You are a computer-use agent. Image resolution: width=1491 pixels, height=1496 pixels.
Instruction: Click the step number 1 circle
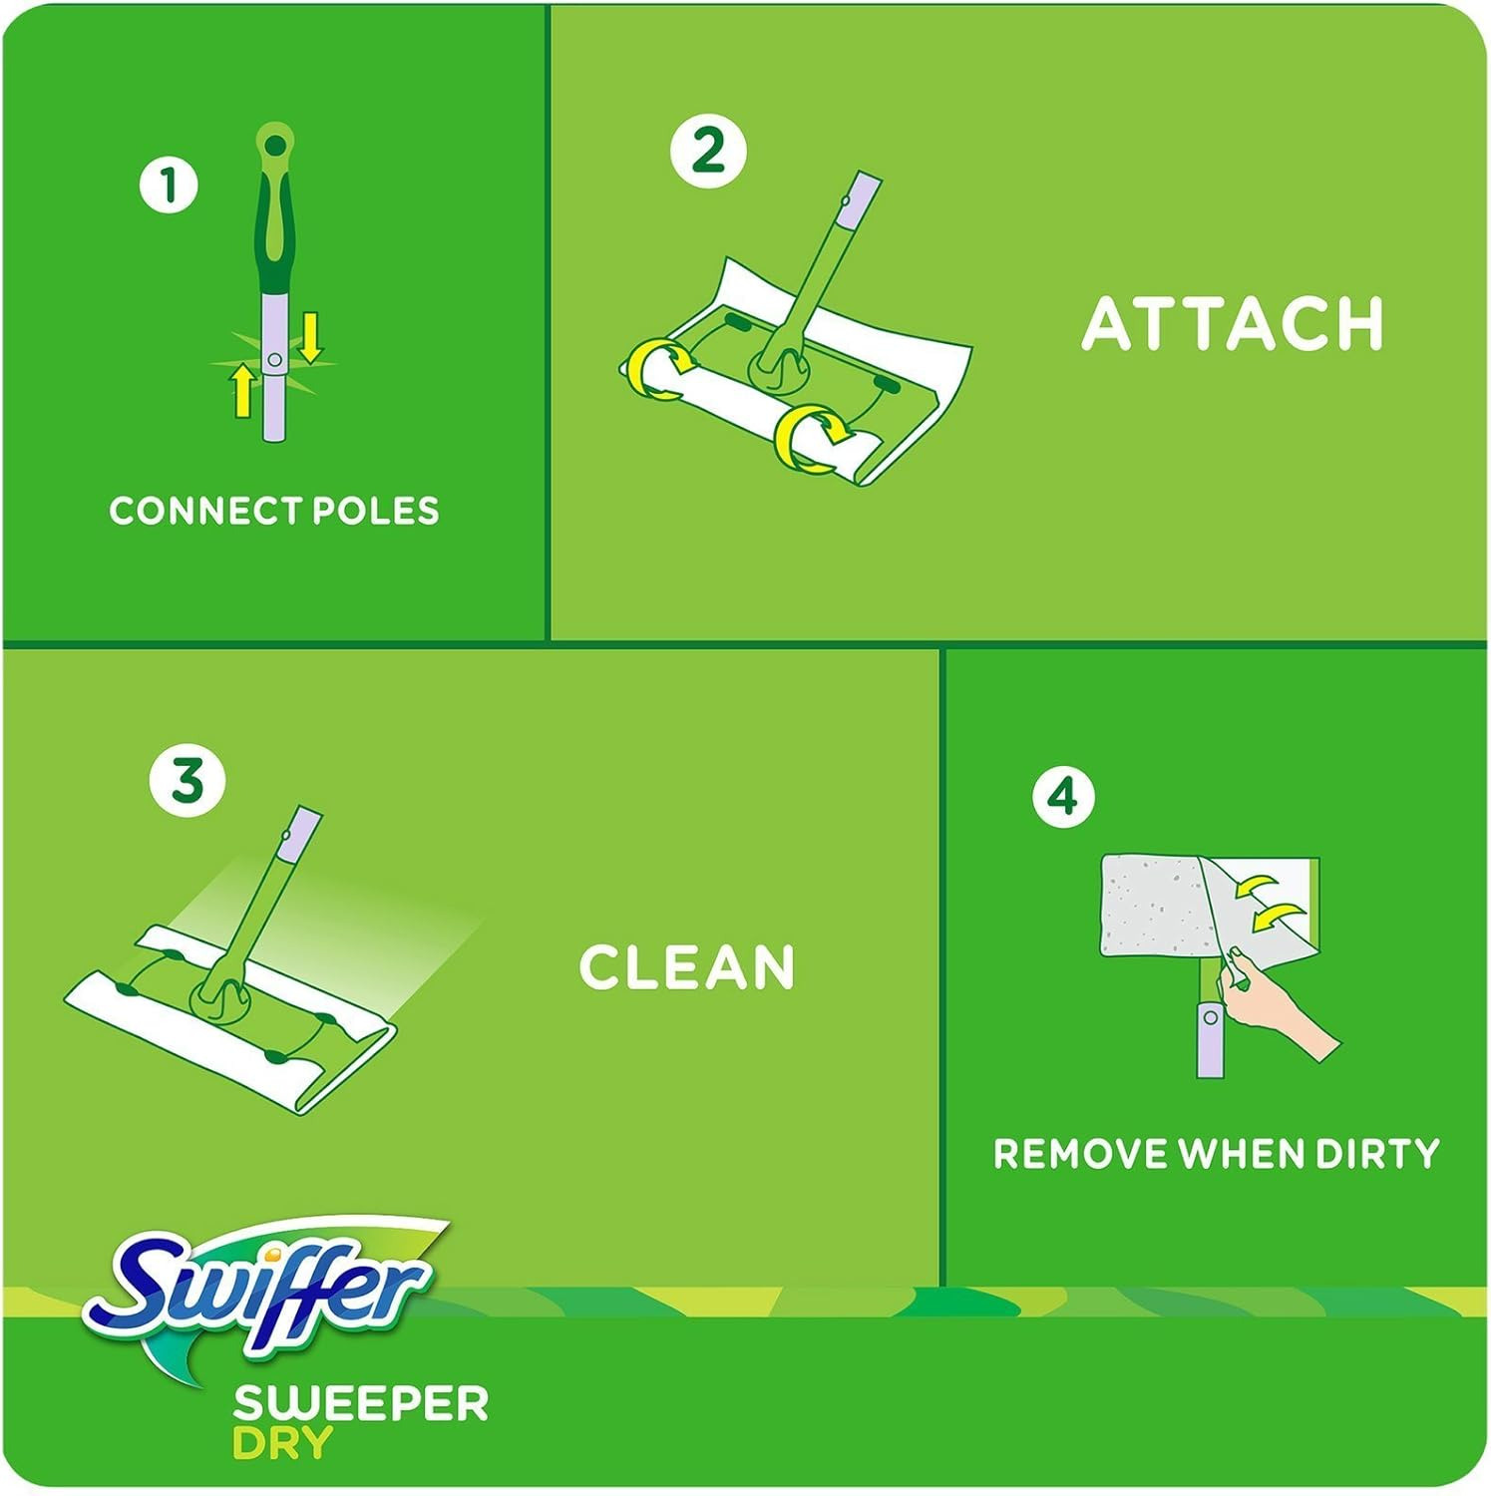pyautogui.click(x=169, y=186)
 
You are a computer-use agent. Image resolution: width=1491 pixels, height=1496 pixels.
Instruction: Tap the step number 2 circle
pyautogui.click(x=708, y=151)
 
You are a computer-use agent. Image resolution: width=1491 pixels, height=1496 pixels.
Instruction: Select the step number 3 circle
pyautogui.click(x=187, y=779)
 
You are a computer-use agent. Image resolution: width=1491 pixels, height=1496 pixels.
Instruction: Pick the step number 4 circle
pyautogui.click(x=1063, y=796)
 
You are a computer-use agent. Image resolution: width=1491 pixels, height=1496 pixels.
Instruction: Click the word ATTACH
pyautogui.click(x=1233, y=324)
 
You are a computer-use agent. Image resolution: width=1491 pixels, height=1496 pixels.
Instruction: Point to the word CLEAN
pyautogui.click(x=687, y=967)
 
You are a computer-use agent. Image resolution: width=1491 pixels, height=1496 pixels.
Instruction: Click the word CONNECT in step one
pyautogui.click(x=204, y=511)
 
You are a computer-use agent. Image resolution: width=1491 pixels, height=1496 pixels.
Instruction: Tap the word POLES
pyautogui.click(x=376, y=511)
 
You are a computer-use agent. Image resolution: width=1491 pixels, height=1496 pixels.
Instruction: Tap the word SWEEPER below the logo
pyautogui.click(x=360, y=1404)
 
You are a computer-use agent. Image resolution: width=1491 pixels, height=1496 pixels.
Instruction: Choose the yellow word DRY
pyautogui.click(x=282, y=1443)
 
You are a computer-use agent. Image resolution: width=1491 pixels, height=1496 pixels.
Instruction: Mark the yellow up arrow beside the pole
pyautogui.click(x=242, y=389)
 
